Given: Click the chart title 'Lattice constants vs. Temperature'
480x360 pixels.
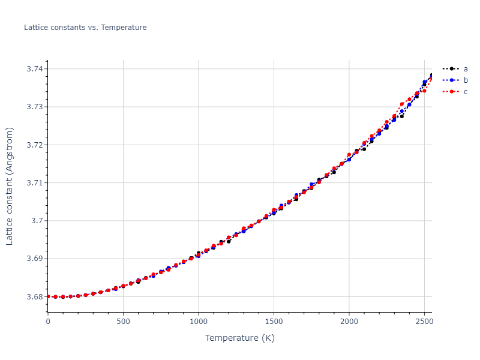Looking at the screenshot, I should (x=85, y=28).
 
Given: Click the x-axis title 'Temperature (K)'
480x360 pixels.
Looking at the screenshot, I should (x=239, y=338).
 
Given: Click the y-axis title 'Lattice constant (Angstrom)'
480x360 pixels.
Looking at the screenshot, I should (x=10, y=186).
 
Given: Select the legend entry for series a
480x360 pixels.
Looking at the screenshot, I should (x=465, y=69).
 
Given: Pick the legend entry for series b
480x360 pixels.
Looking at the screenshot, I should (x=465, y=80).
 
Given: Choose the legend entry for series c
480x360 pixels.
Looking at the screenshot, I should (x=465, y=92).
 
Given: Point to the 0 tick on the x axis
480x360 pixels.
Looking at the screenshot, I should (x=48, y=321).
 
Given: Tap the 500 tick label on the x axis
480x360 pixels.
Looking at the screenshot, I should (x=123, y=321).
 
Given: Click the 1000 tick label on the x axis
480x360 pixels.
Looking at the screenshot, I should (x=199, y=321).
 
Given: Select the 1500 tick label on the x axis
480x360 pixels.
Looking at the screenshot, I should (x=274, y=321).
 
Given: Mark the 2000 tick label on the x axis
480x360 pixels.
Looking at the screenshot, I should (x=349, y=321).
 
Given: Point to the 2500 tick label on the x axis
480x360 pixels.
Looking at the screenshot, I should (x=424, y=321).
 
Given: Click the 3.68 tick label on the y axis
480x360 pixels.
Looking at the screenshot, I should (x=35, y=296).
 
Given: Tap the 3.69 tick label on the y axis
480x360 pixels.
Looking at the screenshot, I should (x=35, y=259).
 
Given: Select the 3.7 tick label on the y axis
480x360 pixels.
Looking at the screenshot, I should (x=37, y=221).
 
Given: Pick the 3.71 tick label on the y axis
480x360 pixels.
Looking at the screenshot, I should (x=35, y=183).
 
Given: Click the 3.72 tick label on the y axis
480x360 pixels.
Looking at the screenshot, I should (x=35, y=145).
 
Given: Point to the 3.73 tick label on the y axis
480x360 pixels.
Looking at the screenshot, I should (x=35, y=107).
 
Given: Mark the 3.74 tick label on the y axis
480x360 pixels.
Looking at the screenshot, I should (x=35, y=69).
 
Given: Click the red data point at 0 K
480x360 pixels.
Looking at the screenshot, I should (x=48, y=296).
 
